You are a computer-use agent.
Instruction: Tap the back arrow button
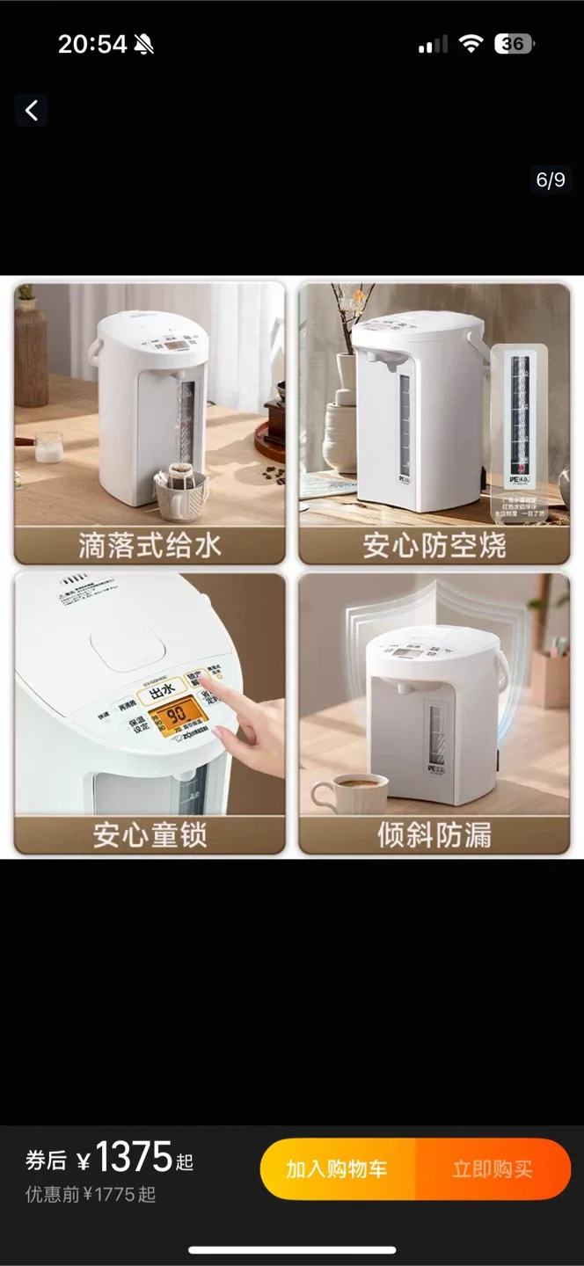[x=32, y=111]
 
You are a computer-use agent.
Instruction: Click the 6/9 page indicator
[x=551, y=180]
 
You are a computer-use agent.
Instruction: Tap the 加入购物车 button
[x=337, y=1168]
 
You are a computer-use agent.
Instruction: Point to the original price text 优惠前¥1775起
[x=91, y=1195]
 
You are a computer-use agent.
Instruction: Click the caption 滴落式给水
[x=150, y=545]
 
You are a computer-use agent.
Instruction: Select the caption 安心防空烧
[x=434, y=545]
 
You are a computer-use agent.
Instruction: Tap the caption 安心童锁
[x=150, y=834]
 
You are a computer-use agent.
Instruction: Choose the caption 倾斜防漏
[x=434, y=834]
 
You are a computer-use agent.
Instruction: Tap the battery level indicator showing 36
[x=515, y=44]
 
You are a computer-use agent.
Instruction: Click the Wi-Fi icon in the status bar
[x=471, y=44]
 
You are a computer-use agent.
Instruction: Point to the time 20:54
[x=92, y=44]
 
